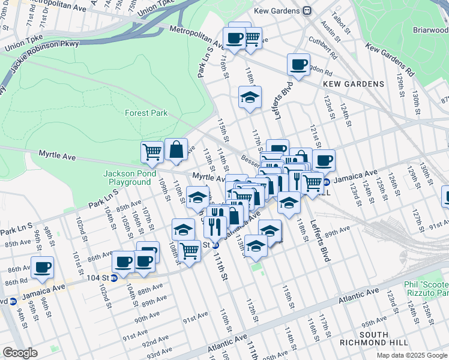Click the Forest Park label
(x=146, y=113)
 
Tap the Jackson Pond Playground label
(x=127, y=178)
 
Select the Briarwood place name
(x=430, y=29)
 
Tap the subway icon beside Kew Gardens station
(x=307, y=11)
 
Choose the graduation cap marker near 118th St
(x=250, y=97)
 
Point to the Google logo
(x=20, y=353)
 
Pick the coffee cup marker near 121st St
(x=324, y=160)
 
